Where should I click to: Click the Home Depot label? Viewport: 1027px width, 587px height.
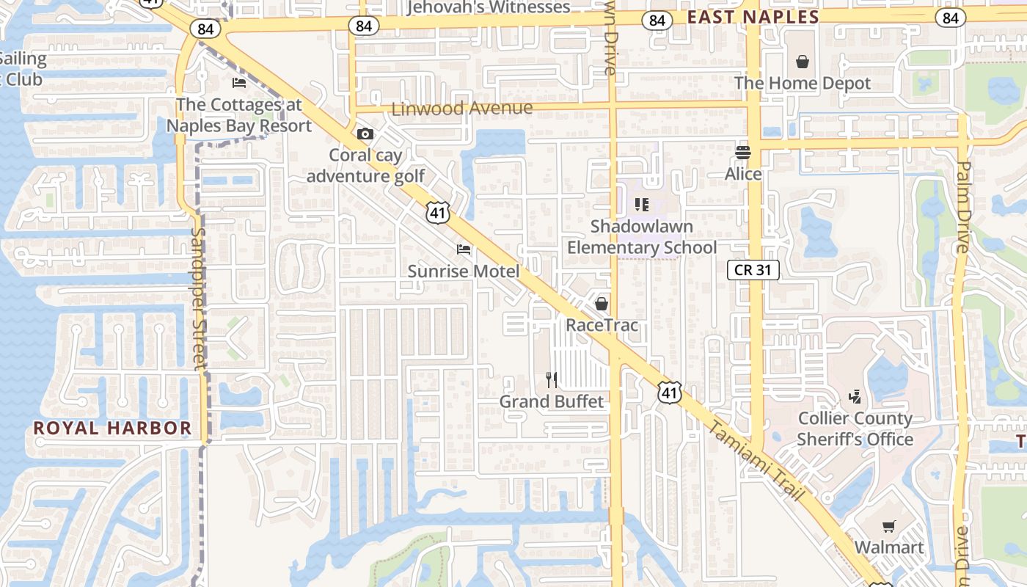(803, 83)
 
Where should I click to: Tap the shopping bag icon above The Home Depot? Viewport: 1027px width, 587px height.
(803, 62)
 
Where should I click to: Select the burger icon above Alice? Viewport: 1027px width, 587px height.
(743, 153)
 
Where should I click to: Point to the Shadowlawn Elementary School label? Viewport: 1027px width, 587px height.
(642, 236)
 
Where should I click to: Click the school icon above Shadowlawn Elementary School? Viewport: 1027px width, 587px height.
(642, 205)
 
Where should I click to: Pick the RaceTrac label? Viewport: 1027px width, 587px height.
(602, 324)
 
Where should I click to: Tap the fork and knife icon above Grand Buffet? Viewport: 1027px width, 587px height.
(552, 380)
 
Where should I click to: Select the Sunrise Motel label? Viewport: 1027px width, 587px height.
(464, 271)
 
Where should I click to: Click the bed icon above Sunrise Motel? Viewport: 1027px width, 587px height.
(464, 249)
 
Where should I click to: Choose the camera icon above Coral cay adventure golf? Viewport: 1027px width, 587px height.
(365, 134)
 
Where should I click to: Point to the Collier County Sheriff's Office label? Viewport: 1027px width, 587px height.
(855, 429)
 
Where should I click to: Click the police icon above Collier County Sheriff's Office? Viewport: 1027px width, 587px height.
(855, 397)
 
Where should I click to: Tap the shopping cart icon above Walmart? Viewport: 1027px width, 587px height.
(889, 526)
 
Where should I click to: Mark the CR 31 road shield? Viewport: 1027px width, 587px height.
(753, 270)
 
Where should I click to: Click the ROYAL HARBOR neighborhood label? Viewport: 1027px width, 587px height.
(112, 428)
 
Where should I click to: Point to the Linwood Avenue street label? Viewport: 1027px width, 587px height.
(462, 109)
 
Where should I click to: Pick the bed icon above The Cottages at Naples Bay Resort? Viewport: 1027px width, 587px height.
(239, 82)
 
